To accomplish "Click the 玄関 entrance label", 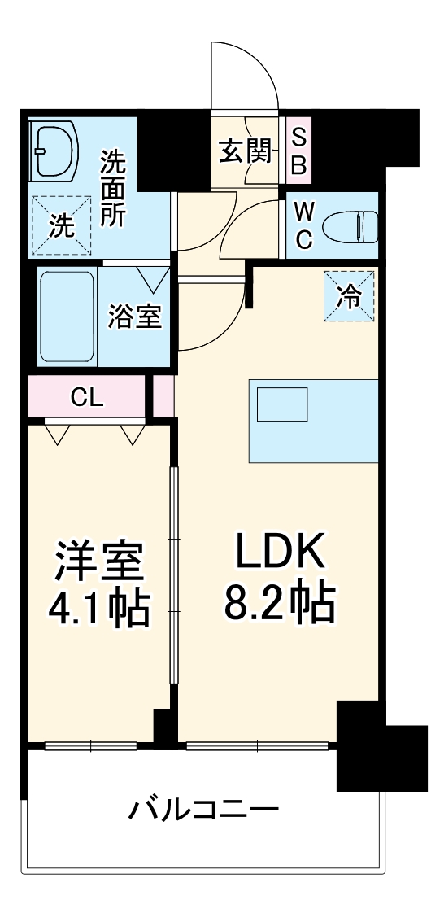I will click(x=244, y=152).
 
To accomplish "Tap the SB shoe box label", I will click(x=298, y=152).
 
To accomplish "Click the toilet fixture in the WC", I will click(x=350, y=225).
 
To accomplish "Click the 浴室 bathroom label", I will click(x=135, y=316).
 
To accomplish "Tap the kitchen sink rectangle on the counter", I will click(x=282, y=404).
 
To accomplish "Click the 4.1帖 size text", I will click(x=99, y=607).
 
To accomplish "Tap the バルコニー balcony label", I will click(x=204, y=810).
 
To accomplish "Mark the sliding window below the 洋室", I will click(x=91, y=745).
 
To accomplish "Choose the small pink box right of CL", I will click(x=163, y=395).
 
